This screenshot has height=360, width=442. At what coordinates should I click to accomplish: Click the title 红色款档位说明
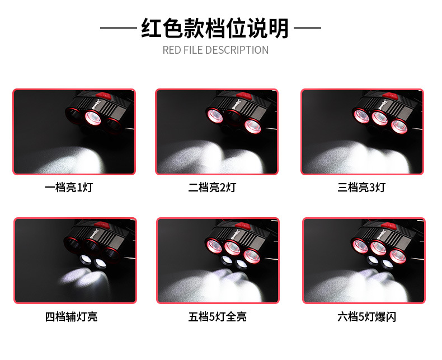click(x=215, y=28)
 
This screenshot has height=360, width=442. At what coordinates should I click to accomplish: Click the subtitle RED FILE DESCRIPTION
click(x=215, y=50)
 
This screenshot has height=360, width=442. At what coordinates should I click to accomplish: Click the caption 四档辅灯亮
click(x=71, y=317)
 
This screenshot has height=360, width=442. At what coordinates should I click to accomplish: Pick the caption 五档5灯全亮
click(x=218, y=317)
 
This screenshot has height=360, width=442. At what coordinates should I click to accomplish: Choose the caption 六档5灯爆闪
click(x=366, y=317)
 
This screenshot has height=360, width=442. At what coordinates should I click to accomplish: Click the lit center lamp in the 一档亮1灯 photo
click(x=91, y=118)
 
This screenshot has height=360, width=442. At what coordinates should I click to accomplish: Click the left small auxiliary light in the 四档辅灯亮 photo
click(x=85, y=260)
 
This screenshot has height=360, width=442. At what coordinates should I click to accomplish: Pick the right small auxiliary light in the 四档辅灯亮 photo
click(x=101, y=263)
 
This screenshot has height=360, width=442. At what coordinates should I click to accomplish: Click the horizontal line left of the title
click(x=118, y=27)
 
